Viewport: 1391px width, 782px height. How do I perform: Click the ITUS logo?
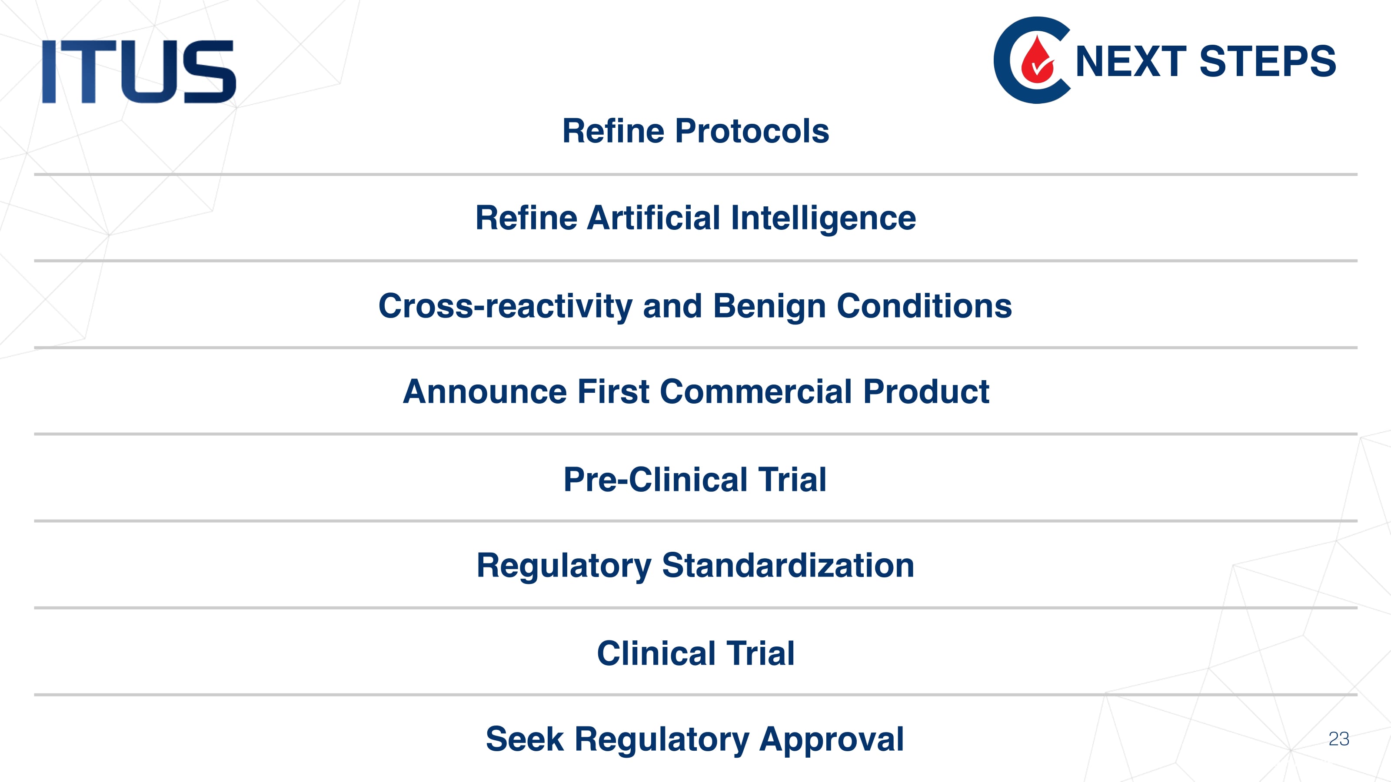pos(139,71)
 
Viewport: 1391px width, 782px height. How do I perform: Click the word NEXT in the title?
pos(1131,62)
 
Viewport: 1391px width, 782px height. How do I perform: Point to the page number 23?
pos(1339,739)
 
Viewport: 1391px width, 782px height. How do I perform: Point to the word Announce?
pos(484,391)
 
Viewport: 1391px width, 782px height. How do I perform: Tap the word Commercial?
pos(756,391)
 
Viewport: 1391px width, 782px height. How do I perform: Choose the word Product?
pos(926,391)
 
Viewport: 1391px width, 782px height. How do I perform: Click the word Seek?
pos(525,739)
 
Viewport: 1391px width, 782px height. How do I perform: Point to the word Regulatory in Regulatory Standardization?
pos(564,567)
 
